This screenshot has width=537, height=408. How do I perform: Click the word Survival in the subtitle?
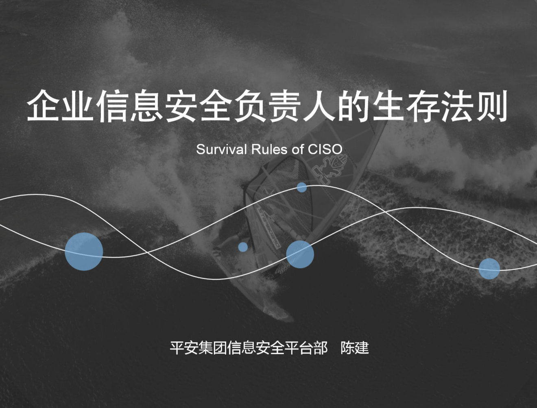click(221, 149)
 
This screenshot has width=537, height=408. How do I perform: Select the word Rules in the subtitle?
click(269, 149)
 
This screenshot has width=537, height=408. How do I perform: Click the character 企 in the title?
click(43, 106)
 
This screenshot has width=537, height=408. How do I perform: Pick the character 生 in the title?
click(388, 106)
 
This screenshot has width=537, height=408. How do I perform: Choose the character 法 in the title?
click(457, 106)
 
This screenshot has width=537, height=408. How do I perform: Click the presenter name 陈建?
click(354, 348)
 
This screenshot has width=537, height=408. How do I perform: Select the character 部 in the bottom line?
click(320, 348)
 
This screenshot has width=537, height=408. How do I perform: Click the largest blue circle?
click(84, 252)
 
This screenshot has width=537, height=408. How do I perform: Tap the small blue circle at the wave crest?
click(301, 187)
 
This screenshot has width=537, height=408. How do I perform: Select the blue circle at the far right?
click(489, 269)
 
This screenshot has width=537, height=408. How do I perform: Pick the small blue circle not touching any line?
click(243, 247)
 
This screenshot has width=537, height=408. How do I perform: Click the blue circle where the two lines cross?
click(300, 254)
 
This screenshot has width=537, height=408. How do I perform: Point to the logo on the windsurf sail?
click(329, 169)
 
